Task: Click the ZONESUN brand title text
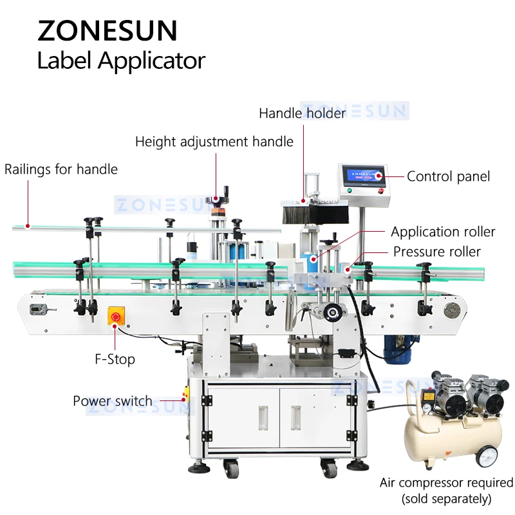click(x=107, y=30)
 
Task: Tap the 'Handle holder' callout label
click(x=302, y=113)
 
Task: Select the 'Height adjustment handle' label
click(x=214, y=142)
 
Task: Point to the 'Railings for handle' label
click(x=61, y=170)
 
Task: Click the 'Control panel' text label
click(x=448, y=176)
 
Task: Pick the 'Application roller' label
click(x=443, y=232)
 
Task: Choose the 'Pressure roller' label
click(x=437, y=252)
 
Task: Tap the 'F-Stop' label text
click(x=113, y=359)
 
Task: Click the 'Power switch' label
click(x=113, y=401)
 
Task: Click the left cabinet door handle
click(x=263, y=418)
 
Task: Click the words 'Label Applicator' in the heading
click(x=121, y=62)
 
